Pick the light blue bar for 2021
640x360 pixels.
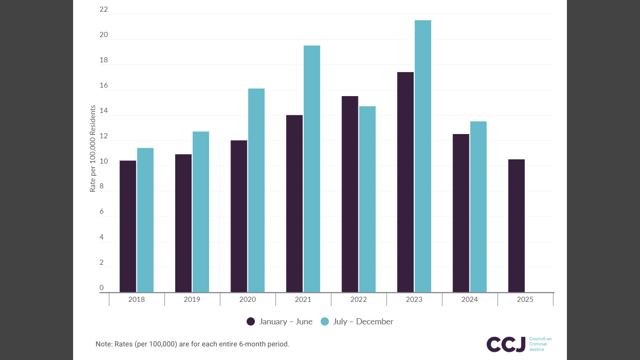tap(312, 169)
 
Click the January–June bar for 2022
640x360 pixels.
tap(350, 194)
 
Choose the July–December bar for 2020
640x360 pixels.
tap(256, 190)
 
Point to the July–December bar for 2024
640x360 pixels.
tap(478, 207)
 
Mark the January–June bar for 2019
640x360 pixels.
tap(183, 223)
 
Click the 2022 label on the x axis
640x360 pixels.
tap(358, 300)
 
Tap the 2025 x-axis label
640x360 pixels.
tap(525, 300)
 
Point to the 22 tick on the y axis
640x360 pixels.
tap(104, 9)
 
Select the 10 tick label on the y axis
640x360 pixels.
tap(104, 161)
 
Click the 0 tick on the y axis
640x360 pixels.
tap(102, 287)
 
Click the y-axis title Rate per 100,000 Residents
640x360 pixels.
tap(93, 149)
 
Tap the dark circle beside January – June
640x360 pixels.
tap(251, 322)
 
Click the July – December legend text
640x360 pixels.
tap(363, 322)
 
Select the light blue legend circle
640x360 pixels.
tap(325, 322)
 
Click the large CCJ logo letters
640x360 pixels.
tap(506, 344)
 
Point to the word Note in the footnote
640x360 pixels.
tap(104, 344)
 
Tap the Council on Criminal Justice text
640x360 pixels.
tap(540, 344)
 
